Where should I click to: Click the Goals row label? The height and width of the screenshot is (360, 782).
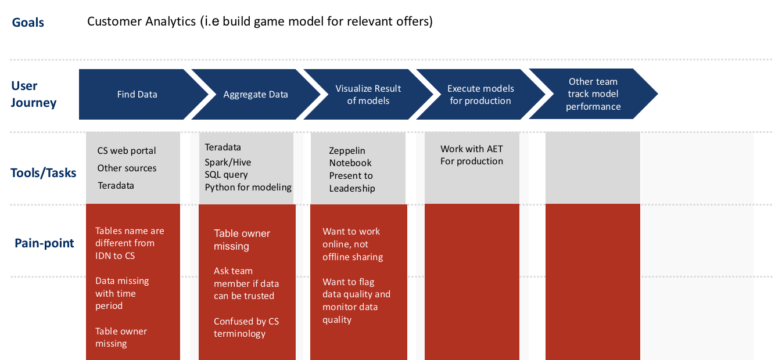tap(28, 23)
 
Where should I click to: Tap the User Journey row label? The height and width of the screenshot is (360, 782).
tap(34, 94)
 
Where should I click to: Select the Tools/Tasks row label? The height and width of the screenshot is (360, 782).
tap(44, 173)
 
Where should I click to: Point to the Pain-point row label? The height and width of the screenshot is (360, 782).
tap(44, 243)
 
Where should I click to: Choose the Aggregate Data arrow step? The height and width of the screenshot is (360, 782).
tap(256, 94)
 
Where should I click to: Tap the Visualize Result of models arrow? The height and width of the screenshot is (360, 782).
tap(368, 94)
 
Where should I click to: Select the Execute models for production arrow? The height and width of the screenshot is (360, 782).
tap(480, 94)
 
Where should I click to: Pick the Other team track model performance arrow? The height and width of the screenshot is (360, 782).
tap(594, 94)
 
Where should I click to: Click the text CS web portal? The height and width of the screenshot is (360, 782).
tap(127, 151)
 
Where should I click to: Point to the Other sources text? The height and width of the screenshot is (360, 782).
tap(127, 168)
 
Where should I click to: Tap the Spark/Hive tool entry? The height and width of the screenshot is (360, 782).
tap(228, 162)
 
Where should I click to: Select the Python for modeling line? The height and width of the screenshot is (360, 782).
tap(248, 188)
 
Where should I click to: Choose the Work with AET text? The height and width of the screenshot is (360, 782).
tap(472, 149)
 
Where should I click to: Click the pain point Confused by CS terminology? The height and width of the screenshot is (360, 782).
tap(246, 327)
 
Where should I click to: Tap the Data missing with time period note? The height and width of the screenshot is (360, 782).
tap(122, 293)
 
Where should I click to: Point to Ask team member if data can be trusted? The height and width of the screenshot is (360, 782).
tap(246, 283)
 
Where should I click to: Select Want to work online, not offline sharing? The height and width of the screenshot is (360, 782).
tap(353, 244)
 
